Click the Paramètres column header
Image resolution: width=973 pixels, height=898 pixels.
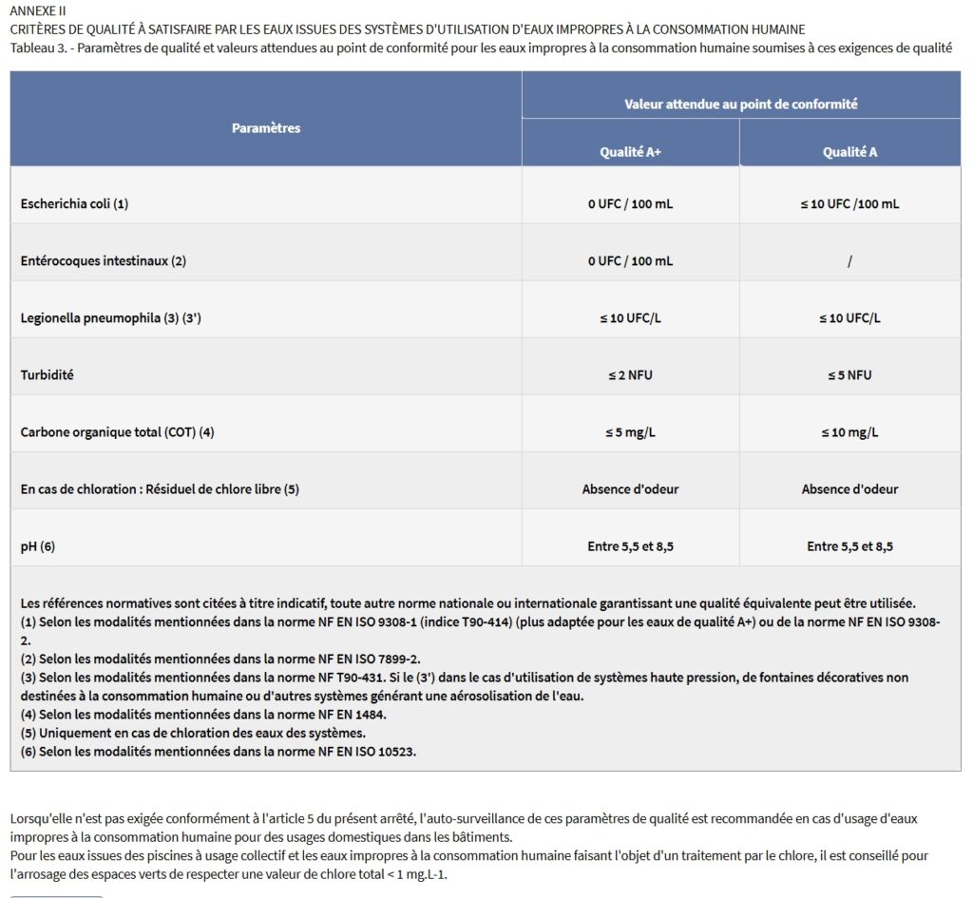click(x=266, y=128)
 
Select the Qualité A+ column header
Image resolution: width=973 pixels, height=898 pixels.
click(x=630, y=152)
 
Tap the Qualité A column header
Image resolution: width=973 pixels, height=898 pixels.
click(x=849, y=152)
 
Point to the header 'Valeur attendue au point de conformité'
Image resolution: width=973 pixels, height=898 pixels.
click(x=740, y=105)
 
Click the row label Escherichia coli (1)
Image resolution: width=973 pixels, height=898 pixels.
click(x=74, y=204)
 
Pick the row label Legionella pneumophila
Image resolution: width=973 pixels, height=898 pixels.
click(x=110, y=318)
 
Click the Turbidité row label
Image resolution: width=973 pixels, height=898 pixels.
click(x=48, y=375)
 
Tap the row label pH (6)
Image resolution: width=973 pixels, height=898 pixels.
click(x=38, y=546)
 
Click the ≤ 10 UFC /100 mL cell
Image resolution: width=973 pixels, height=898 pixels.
click(x=849, y=204)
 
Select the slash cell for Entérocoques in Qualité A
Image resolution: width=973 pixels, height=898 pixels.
click(x=849, y=261)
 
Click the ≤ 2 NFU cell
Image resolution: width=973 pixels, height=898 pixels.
click(x=630, y=375)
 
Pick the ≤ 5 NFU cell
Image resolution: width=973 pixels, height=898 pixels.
click(x=849, y=375)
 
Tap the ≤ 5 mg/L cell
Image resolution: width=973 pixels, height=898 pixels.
click(x=630, y=432)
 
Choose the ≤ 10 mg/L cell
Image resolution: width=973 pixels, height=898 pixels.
click(x=849, y=432)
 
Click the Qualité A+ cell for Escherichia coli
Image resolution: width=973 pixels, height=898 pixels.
click(x=630, y=204)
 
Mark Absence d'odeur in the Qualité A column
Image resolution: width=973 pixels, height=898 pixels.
click(x=849, y=489)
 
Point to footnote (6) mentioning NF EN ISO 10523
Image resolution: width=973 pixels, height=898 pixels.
click(x=219, y=752)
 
